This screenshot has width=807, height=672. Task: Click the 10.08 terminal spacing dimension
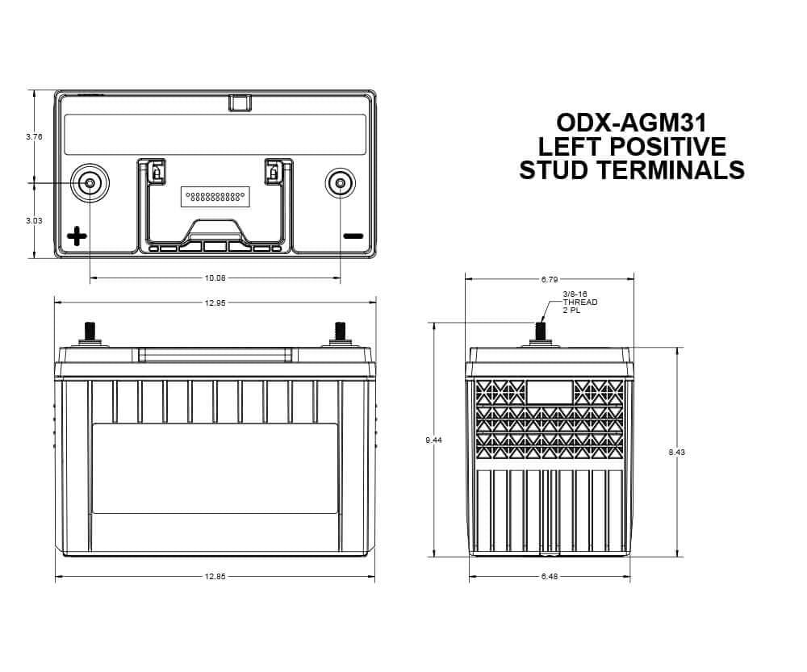215,278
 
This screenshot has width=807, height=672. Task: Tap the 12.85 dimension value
215,577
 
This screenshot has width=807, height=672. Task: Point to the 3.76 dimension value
34,136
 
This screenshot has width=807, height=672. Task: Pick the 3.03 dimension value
34,220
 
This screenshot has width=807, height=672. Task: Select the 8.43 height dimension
676,453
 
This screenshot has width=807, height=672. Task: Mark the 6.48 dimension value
550,577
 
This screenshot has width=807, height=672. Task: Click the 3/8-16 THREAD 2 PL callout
579,303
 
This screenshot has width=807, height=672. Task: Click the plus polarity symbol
77,236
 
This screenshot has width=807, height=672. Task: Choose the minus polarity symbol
353,236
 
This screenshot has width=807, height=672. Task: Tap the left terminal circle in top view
89,184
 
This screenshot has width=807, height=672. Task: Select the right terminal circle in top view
340,184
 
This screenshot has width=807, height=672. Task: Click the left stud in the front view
89,331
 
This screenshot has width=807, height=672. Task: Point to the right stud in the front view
340,331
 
